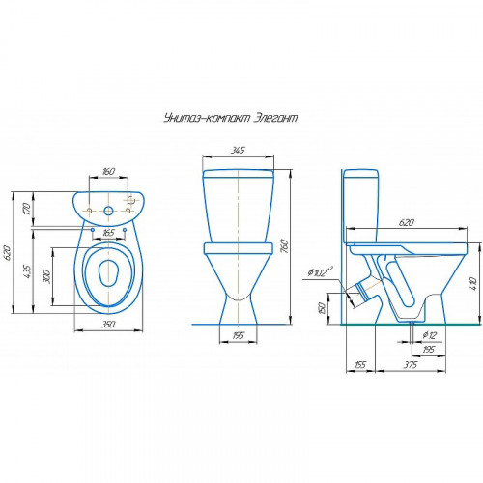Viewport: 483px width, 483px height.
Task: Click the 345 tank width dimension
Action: (x=238, y=150)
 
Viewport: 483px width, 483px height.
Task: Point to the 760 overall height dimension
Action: (x=284, y=246)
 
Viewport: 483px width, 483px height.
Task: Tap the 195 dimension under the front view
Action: (x=238, y=335)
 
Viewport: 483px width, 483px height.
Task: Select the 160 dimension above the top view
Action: (x=108, y=171)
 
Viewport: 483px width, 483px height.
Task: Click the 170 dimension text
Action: (x=27, y=209)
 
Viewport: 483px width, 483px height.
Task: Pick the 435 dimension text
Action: (x=27, y=271)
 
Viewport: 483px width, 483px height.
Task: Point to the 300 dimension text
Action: (x=46, y=276)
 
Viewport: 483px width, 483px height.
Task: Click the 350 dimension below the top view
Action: (x=108, y=324)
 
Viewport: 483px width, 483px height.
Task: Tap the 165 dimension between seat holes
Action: (x=108, y=233)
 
